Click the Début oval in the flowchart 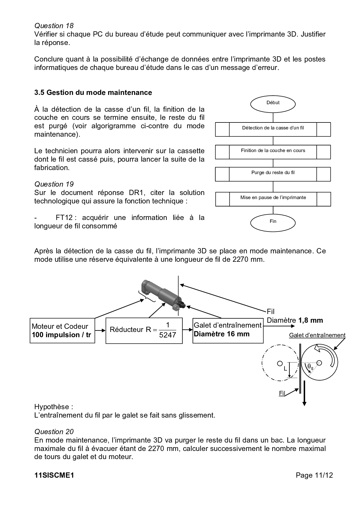pos(273,103)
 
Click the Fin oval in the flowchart pos(273,221)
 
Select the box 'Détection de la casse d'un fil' pos(273,128)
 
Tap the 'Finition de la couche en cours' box pos(273,151)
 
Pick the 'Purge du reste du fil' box pos(273,173)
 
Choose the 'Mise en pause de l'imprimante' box pos(273,198)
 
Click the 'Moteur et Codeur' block pos(62,331)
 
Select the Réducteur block pos(144,331)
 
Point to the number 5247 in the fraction pos(168,335)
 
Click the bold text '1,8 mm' pos(310,320)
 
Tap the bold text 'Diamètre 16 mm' pos(222,334)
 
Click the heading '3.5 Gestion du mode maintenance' pos(93,93)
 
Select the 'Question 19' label pos(54,184)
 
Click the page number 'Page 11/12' pos(314,475)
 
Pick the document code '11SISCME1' pos(54,475)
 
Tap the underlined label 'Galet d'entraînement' pos(317,335)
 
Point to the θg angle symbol pos(310,367)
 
